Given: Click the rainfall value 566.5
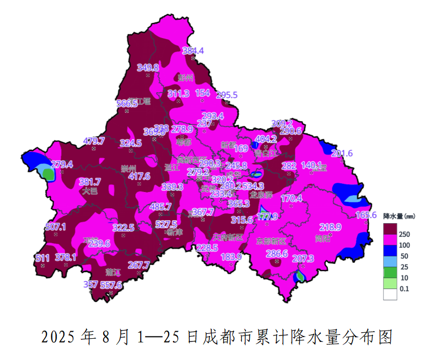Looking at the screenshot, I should [127, 104].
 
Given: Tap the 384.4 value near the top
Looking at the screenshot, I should [193, 51].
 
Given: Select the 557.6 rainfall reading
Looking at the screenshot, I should [111, 285].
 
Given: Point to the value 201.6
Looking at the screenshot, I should [342, 153].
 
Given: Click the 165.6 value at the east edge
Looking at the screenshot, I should [366, 215].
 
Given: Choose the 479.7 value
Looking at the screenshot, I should [93, 141].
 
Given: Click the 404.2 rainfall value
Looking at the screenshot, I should [266, 139].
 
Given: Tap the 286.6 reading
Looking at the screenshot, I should [277, 253].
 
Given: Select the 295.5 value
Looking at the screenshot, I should [227, 95].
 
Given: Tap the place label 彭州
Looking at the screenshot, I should [186, 77].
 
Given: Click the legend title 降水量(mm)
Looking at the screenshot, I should [399, 216].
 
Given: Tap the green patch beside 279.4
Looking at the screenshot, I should [49, 174].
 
